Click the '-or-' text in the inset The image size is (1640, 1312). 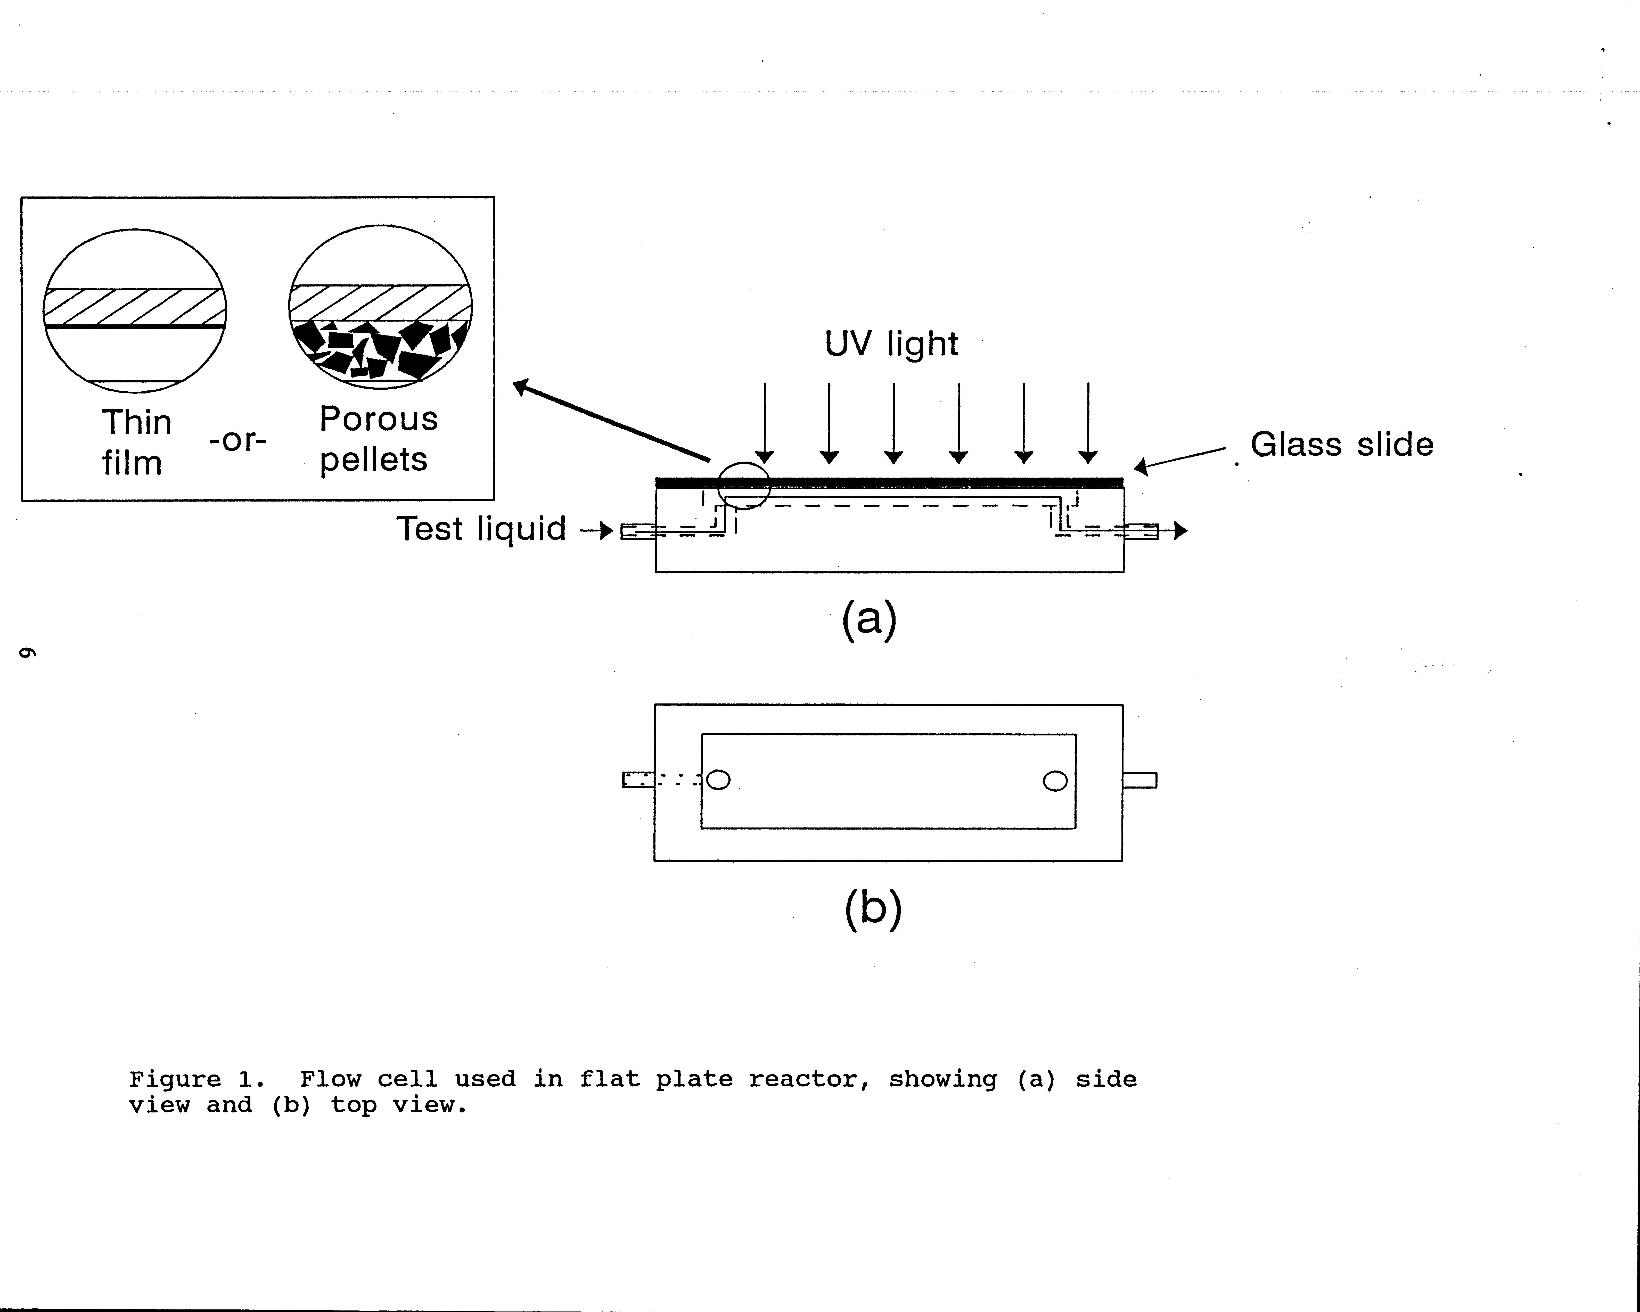(x=237, y=440)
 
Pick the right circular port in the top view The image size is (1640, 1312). (x=1055, y=781)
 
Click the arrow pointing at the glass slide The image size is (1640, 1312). (x=1179, y=459)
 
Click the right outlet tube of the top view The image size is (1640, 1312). (x=1139, y=780)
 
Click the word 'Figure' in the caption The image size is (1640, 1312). (x=175, y=1079)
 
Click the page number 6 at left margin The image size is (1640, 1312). (x=27, y=653)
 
